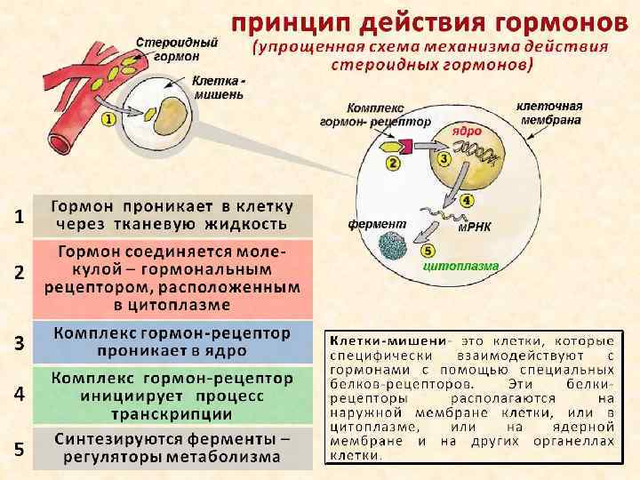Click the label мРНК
pyautogui.click(x=475, y=226)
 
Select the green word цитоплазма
pyautogui.click(x=460, y=266)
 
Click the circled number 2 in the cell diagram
pyautogui.click(x=392, y=163)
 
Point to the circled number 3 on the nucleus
pyautogui.click(x=444, y=158)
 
